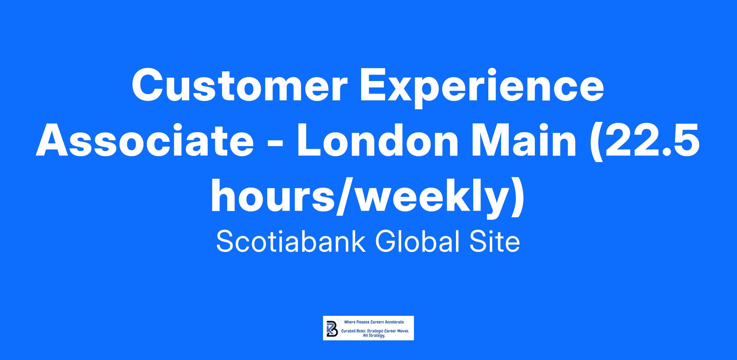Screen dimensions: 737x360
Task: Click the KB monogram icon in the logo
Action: (332, 328)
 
